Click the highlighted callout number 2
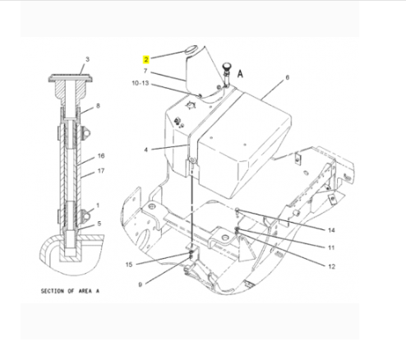146,59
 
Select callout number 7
145,71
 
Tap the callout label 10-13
141,83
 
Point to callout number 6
287,77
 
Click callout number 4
145,150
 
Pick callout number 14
331,230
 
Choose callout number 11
331,247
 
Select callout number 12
331,266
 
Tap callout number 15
129,265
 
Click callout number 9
141,284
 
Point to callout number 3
87,59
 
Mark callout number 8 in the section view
98,105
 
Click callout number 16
101,155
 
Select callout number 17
101,171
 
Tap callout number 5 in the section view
99,224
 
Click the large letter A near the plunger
240,74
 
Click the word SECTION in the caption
52,291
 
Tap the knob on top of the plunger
227,66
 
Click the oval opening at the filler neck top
190,49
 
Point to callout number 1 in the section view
98,205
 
